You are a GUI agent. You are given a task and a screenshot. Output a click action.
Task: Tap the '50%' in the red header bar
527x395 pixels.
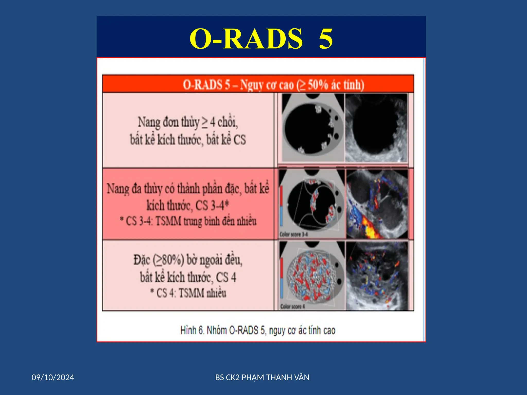coord(318,85)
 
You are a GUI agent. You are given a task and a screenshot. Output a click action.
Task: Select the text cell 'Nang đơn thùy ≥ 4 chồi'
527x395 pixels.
coord(188,122)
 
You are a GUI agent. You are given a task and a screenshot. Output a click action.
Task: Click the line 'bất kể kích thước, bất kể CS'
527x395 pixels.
coord(188,140)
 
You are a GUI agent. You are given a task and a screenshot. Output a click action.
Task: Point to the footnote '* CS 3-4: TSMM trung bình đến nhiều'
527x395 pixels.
coord(188,221)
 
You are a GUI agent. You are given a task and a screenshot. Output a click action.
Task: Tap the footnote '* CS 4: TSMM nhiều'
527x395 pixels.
coord(188,293)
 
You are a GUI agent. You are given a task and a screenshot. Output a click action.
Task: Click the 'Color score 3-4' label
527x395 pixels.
coord(293,234)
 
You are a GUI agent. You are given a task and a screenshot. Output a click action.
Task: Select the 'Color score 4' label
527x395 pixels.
coord(293,307)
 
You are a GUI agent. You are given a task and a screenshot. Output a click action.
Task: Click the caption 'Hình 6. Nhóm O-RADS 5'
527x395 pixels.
coord(258,330)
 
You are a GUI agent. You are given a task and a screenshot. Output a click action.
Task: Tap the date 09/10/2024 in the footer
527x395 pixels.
coord(53,378)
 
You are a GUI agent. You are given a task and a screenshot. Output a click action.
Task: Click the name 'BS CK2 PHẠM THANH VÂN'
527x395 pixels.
coord(262,378)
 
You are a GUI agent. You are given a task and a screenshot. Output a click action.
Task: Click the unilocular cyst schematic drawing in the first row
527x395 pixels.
coord(313,128)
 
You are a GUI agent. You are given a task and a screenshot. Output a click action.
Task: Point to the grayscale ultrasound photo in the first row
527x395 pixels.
coord(376,128)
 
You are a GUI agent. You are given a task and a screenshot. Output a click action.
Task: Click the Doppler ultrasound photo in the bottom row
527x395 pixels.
coord(377,276)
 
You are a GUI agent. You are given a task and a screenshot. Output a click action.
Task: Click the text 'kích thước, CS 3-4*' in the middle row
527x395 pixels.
coord(188,205)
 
